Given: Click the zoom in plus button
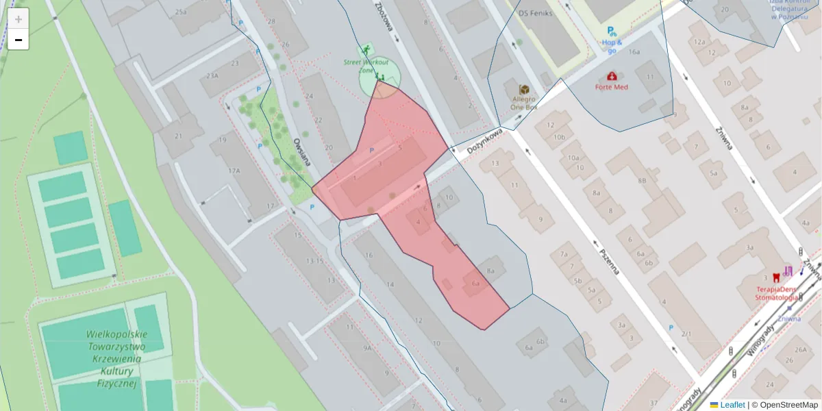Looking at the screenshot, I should point(18,19).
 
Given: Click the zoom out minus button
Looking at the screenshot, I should point(18,40).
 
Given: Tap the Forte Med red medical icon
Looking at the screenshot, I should point(611,76).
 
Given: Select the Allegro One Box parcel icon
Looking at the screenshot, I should point(524,90).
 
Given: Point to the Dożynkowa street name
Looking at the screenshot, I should point(486,139).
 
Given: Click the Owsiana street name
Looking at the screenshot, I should point(301,152).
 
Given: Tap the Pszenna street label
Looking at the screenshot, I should point(609,260).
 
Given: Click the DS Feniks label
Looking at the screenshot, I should point(534,13).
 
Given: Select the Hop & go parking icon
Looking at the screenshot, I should point(610,31).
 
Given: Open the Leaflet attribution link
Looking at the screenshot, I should point(732,405).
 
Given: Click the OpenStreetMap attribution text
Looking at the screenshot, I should point(788,405).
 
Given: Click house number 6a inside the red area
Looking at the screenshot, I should point(475,282).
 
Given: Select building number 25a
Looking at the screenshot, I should point(181,12).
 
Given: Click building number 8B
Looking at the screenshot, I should point(642,180).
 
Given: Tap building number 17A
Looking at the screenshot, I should point(235,171).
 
